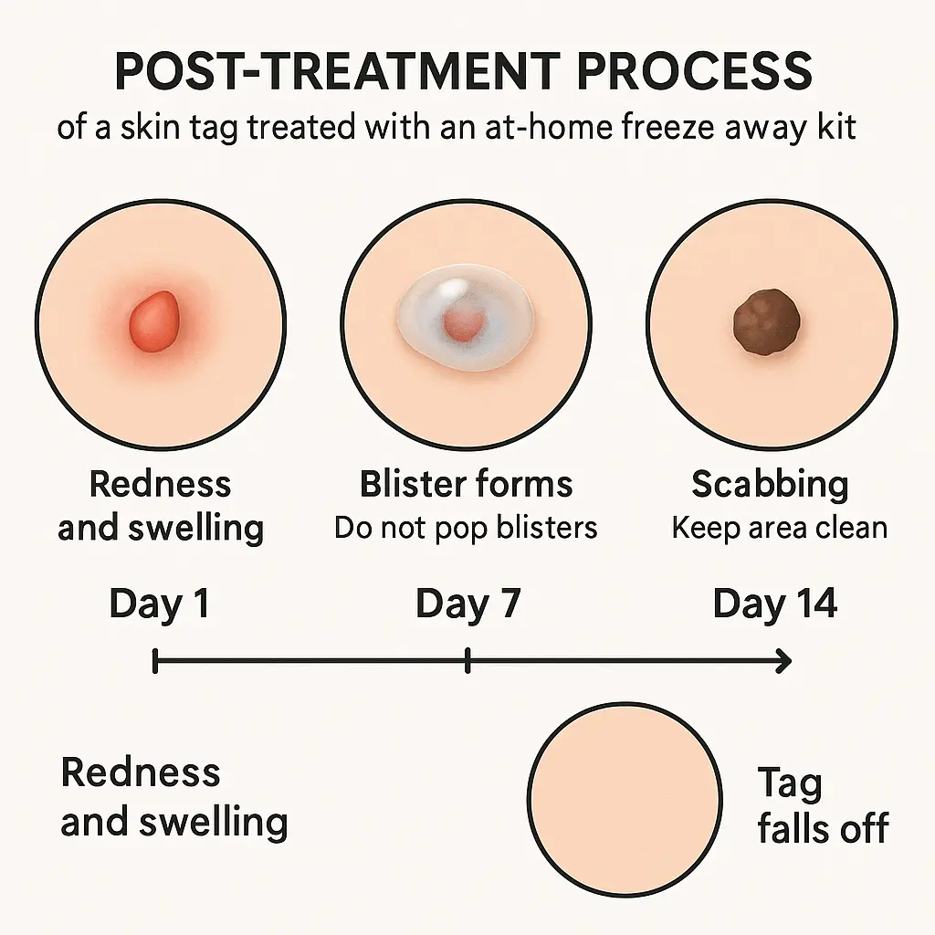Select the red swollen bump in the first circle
click(x=156, y=320)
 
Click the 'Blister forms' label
click(x=467, y=484)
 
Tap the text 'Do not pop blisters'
click(x=466, y=528)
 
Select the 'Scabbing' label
click(x=770, y=484)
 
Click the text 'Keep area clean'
click(x=780, y=528)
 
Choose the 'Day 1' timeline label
click(x=159, y=604)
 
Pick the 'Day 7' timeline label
click(x=467, y=604)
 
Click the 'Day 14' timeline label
click(x=774, y=604)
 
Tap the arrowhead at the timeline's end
click(x=783, y=660)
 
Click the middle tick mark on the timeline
click(x=467, y=660)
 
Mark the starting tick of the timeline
click(x=156, y=660)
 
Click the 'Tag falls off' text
click(x=822, y=805)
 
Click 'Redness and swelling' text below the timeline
click(x=173, y=797)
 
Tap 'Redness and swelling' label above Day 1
click(x=161, y=506)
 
